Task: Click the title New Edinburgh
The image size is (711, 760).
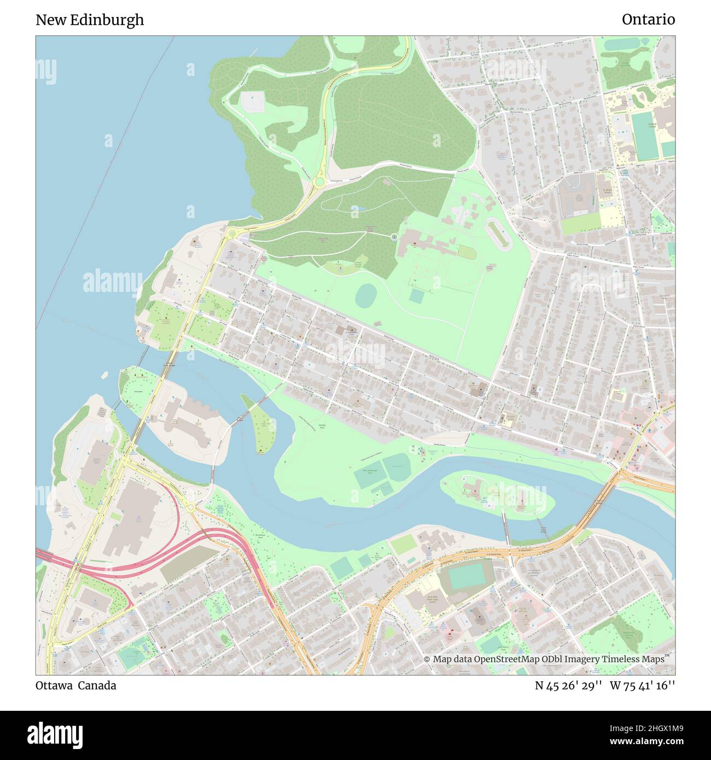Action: coord(90,20)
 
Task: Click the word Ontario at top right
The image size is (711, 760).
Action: coord(648,20)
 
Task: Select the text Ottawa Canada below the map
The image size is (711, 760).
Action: coord(75,685)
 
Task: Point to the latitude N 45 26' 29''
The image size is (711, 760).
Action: coord(568,685)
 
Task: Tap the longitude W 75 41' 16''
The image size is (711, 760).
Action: coord(642,685)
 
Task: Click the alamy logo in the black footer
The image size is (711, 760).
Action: coord(55,734)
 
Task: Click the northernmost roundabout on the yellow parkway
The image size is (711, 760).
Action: coord(319,182)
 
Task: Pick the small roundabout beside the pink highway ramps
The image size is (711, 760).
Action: coord(191,507)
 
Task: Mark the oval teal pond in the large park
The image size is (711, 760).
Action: coord(366,296)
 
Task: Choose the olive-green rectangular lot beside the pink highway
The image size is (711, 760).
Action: coord(189,564)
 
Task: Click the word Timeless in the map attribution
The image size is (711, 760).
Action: coord(621,659)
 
